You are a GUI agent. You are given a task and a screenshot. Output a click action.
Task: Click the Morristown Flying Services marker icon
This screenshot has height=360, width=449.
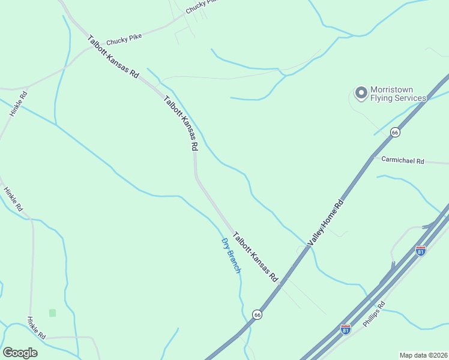click(x=361, y=92)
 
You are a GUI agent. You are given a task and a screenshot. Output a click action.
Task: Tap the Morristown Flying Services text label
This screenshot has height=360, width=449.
click(x=398, y=94)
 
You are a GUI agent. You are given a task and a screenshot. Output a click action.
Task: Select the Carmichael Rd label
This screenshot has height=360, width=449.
click(x=403, y=161)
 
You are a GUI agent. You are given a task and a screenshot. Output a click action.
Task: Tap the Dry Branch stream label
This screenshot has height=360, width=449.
click(x=231, y=256)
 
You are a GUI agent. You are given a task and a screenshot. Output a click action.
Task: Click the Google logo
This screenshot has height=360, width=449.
click(x=20, y=353)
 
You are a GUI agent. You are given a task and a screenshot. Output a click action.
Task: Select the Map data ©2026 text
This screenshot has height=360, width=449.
click(x=424, y=355)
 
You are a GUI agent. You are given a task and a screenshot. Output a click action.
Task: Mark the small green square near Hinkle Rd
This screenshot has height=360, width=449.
click(x=52, y=313)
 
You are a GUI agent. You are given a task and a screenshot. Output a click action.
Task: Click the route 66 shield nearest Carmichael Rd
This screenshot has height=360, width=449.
click(x=394, y=132)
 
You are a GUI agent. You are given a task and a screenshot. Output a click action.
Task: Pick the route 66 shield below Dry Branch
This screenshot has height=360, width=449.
click(x=257, y=314)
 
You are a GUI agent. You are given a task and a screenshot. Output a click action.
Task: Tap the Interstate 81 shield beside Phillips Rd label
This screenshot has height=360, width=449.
click(x=345, y=329)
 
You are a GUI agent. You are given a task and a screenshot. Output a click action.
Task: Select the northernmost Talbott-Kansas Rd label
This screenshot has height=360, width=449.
click(x=113, y=58)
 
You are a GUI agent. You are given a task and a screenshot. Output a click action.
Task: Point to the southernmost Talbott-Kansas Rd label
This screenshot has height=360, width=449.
click(x=256, y=257)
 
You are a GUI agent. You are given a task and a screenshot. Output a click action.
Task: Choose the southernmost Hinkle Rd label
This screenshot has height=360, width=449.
click(x=37, y=328)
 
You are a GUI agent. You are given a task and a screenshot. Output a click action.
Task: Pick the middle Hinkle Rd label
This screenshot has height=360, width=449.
click(x=13, y=199)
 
